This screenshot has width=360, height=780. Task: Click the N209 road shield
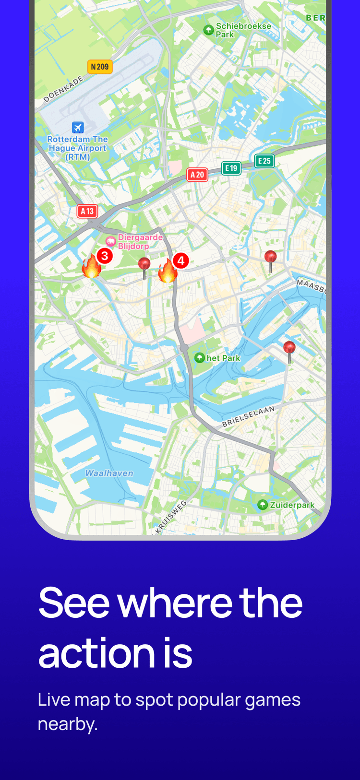(100, 67)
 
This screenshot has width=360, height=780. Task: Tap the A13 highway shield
(87, 211)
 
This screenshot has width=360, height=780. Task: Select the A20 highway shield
(197, 175)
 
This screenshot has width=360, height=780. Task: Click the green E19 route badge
(231, 168)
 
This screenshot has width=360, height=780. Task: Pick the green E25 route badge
(264, 161)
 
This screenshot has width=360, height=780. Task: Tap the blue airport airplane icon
(78, 127)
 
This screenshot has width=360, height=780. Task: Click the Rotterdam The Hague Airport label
(78, 148)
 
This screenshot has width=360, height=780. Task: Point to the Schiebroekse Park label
(243, 30)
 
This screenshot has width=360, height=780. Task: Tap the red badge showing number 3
(105, 256)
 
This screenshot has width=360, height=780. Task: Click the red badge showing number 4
(181, 260)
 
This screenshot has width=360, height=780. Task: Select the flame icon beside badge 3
(91, 267)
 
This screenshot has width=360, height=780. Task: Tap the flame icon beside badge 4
(168, 272)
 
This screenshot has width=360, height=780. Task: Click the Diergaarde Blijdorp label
(140, 242)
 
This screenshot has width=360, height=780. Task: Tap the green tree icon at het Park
(200, 358)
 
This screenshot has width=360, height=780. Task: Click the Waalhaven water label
(109, 473)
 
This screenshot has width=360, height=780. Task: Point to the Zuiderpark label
(292, 505)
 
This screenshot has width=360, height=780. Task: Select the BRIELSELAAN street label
(248, 416)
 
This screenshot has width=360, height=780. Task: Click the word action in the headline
(96, 653)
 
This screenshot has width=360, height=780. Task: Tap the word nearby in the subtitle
(67, 724)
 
